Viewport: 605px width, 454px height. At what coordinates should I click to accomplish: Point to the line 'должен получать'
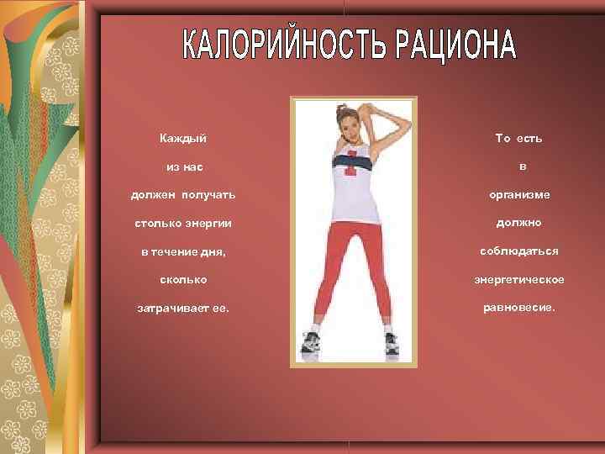182,195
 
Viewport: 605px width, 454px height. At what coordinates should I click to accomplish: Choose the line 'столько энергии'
182,224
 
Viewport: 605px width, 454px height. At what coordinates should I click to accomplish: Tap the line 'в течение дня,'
182,251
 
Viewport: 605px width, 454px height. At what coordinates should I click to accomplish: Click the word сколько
182,279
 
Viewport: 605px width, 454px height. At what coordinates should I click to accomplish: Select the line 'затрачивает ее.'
182,308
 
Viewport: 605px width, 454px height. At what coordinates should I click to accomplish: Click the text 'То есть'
518,138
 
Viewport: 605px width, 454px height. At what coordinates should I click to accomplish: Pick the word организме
520,195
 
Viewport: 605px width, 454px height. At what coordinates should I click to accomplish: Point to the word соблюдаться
519,251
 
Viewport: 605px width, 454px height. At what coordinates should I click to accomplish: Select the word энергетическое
519,279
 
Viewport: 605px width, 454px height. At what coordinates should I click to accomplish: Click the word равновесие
519,307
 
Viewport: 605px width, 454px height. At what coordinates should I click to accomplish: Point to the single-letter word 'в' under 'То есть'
521,166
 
